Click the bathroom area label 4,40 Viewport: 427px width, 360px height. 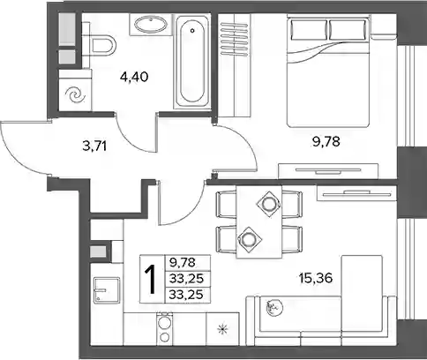[x=134, y=78]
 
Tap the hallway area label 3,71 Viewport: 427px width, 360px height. [x=94, y=146]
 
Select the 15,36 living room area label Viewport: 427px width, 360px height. [x=316, y=278]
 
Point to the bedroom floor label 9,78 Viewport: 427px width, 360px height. [x=326, y=142]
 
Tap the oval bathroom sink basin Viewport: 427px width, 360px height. [x=150, y=25]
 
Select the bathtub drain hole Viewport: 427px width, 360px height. [x=192, y=30]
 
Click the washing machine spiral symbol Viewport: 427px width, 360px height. [x=73, y=95]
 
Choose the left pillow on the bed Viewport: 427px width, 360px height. [x=309, y=29]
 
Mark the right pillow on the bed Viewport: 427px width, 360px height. [x=348, y=29]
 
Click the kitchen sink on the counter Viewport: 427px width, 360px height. [x=107, y=290]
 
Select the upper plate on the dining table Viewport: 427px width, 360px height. [x=268, y=204]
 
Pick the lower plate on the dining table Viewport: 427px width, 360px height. [x=250, y=239]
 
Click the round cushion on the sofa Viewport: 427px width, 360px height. [x=274, y=308]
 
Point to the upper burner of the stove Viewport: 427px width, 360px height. [x=163, y=322]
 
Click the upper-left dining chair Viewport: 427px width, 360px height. [x=227, y=204]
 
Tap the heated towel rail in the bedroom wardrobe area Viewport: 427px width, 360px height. [x=235, y=39]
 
